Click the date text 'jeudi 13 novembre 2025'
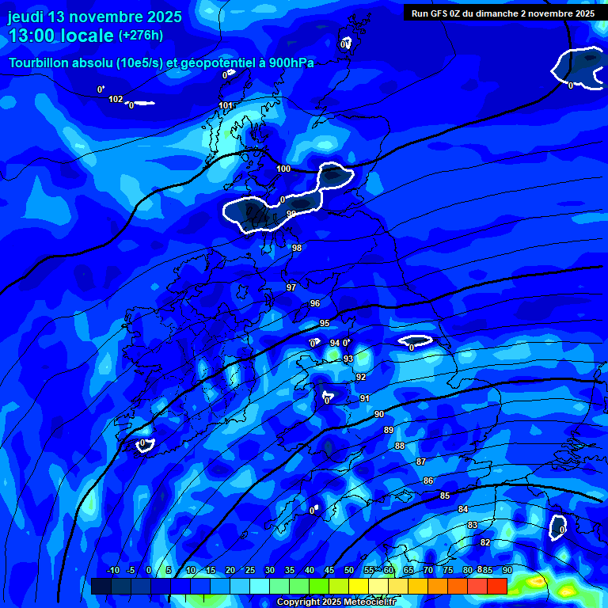click(95, 17)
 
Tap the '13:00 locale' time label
click(61, 36)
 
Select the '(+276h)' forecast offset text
click(141, 36)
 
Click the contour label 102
click(116, 99)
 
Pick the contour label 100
click(283, 169)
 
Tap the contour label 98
click(297, 248)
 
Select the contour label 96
click(314, 303)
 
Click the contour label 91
click(364, 398)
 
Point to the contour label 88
click(400, 446)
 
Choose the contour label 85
click(445, 496)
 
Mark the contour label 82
click(485, 542)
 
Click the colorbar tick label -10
click(112, 570)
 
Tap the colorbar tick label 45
click(329, 570)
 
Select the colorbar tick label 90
click(507, 570)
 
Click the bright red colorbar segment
click(496, 586)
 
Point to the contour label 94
click(334, 343)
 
